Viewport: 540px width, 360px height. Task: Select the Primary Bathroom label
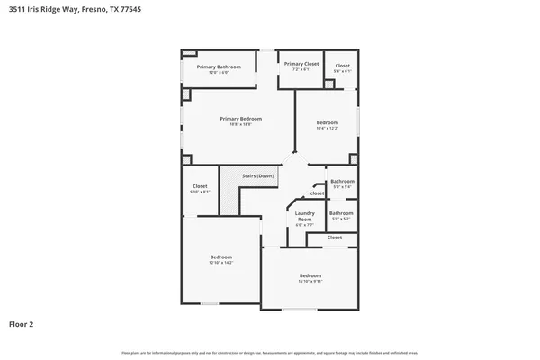coord(220,67)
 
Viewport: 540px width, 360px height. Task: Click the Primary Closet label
coord(301,64)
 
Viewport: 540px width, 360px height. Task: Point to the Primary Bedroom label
coord(238,118)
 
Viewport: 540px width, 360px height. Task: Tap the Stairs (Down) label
coord(258,175)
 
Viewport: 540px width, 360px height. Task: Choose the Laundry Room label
coord(304,216)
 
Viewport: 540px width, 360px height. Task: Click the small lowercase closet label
coord(317,193)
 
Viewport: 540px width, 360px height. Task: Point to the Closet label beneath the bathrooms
coord(335,238)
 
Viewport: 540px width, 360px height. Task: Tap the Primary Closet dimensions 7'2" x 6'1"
coord(301,69)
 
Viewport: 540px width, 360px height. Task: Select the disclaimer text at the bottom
coord(270,352)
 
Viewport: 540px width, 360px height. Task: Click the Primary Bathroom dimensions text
coord(220,72)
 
